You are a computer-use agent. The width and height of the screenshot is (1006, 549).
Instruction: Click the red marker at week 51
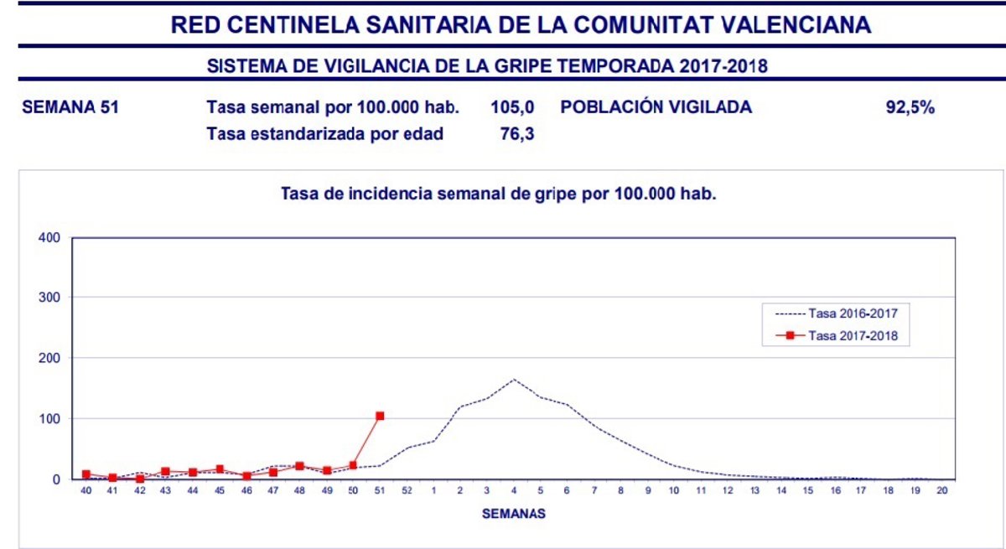pos(380,416)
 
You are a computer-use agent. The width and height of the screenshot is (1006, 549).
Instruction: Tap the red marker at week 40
pos(86,474)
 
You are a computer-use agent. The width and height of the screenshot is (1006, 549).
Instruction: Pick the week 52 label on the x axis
pos(407,492)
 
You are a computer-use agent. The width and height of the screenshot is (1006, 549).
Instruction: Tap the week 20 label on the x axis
pos(941,492)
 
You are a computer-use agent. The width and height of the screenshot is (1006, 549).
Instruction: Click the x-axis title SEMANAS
pos(513,514)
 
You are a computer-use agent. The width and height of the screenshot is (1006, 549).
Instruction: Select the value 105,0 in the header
pos(512,107)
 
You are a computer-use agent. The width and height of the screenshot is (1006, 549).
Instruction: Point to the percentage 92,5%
pos(910,107)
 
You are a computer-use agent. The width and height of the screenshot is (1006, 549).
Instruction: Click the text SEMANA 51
pos(70,107)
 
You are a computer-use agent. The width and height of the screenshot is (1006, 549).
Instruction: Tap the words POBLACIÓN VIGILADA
pos(656,107)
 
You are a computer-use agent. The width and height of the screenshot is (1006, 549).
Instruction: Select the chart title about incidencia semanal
pos(500,194)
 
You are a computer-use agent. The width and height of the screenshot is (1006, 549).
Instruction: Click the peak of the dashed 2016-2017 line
pos(514,379)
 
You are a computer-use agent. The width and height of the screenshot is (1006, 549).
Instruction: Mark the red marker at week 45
pos(220,469)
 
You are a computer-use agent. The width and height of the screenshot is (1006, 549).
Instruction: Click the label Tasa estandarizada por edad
pos(324,134)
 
